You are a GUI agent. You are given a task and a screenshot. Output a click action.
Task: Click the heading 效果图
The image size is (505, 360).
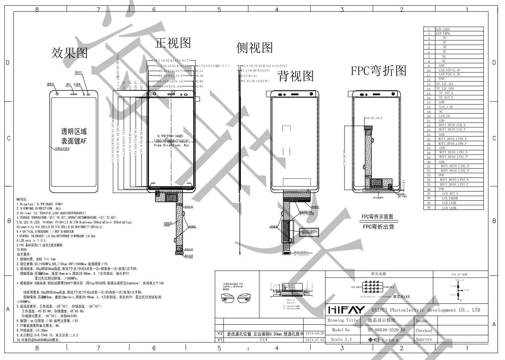70,53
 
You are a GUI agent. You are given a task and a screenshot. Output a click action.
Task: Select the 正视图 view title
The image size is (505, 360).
173,43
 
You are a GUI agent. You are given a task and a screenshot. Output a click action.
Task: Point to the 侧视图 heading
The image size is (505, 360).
255,47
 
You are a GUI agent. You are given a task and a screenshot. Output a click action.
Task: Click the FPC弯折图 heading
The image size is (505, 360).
379,71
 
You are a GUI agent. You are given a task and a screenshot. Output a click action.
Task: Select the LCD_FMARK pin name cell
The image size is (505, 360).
449,198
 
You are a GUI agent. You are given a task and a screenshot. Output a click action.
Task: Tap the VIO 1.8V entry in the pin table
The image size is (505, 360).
446,107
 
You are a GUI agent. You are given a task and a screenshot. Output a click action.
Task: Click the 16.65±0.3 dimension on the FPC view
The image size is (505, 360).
374,118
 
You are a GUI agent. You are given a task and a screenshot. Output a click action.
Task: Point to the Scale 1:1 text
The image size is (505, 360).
341,339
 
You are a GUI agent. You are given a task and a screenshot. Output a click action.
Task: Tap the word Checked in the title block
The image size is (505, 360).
423,331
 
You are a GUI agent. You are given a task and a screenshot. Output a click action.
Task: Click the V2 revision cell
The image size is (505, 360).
219,334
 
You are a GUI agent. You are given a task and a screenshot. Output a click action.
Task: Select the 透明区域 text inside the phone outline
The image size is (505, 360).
74,132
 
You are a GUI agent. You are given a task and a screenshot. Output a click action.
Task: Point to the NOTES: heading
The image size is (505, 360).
22,200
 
